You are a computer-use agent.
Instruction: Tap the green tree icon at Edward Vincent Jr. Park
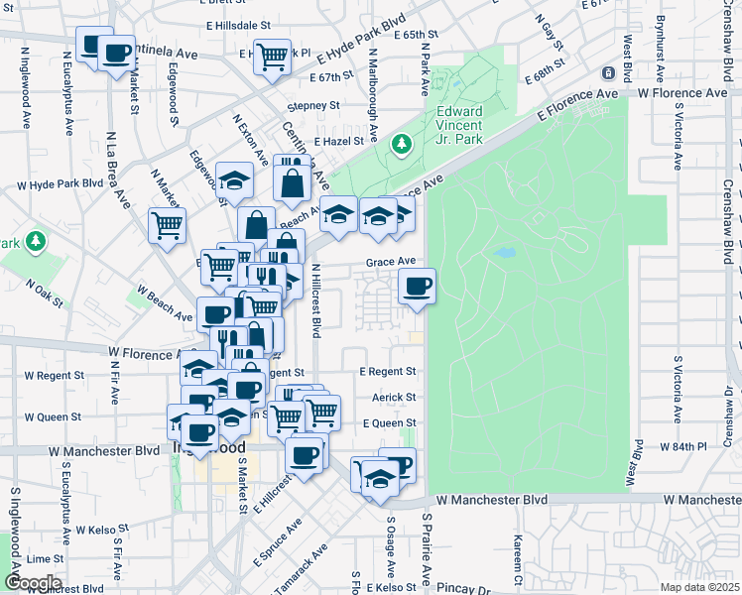(x=403, y=146)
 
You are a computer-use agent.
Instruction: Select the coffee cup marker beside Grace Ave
(x=417, y=287)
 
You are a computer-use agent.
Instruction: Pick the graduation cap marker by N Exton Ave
(x=234, y=180)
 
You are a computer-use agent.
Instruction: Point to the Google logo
(x=33, y=583)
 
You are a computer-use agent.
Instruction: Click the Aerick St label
(x=394, y=397)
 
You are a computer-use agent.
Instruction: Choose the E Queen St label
(x=389, y=422)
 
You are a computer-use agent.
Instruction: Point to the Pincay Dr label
(x=462, y=589)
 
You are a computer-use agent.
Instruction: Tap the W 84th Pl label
(x=682, y=447)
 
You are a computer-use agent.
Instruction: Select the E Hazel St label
(x=339, y=143)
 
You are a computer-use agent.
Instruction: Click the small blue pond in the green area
(x=504, y=253)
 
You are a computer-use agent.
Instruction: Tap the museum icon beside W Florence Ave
(x=608, y=73)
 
